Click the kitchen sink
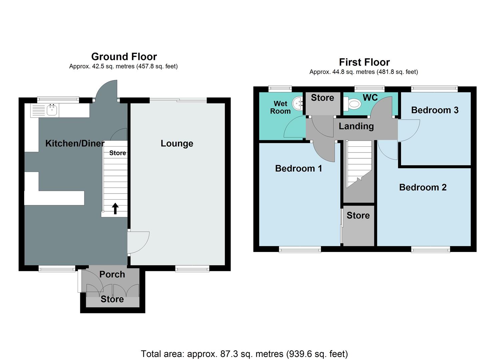[x=52, y=110]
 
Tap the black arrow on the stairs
[x=115, y=209]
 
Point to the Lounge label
[x=177, y=143]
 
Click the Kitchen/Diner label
[x=75, y=143]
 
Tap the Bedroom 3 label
[x=435, y=110]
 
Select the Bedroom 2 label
[x=423, y=187]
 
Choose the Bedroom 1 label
[x=298, y=168]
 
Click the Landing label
[x=356, y=126]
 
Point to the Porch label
[x=112, y=274]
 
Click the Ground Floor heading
[x=124, y=56]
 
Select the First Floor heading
[x=364, y=62]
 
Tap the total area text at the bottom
[x=244, y=354]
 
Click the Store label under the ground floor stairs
[x=118, y=153]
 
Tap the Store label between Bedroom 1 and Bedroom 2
[x=358, y=215]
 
